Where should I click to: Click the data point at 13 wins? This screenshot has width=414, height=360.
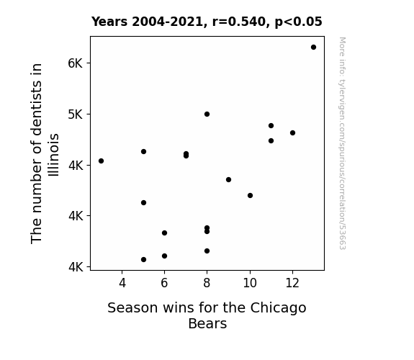click(313, 48)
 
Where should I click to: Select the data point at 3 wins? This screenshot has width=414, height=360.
click(101, 161)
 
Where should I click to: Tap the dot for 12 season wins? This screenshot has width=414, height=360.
click(292, 133)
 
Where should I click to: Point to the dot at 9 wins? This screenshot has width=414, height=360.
click(229, 179)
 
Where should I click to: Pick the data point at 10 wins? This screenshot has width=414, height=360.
click(251, 195)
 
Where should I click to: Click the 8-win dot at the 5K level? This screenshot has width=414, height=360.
click(207, 114)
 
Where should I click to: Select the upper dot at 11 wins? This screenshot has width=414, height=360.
click(271, 126)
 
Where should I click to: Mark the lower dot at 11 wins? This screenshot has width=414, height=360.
click(271, 141)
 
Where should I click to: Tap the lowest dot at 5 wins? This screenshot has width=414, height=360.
click(143, 260)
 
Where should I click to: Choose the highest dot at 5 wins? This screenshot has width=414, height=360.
click(143, 152)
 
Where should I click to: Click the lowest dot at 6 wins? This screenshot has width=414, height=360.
click(164, 256)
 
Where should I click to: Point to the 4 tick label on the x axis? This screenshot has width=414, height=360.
click(122, 283)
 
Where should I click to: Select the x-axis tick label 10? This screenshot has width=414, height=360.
click(250, 283)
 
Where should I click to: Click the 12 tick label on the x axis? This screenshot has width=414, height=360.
click(292, 283)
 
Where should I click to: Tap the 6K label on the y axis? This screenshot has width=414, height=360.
click(76, 63)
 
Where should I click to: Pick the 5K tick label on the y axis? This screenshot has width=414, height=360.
click(76, 114)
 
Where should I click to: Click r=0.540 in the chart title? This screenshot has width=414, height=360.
click(239, 22)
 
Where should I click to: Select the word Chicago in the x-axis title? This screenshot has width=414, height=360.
click(279, 308)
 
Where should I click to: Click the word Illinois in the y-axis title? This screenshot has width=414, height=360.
click(53, 155)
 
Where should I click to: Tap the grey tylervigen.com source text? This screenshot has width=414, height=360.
click(342, 143)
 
